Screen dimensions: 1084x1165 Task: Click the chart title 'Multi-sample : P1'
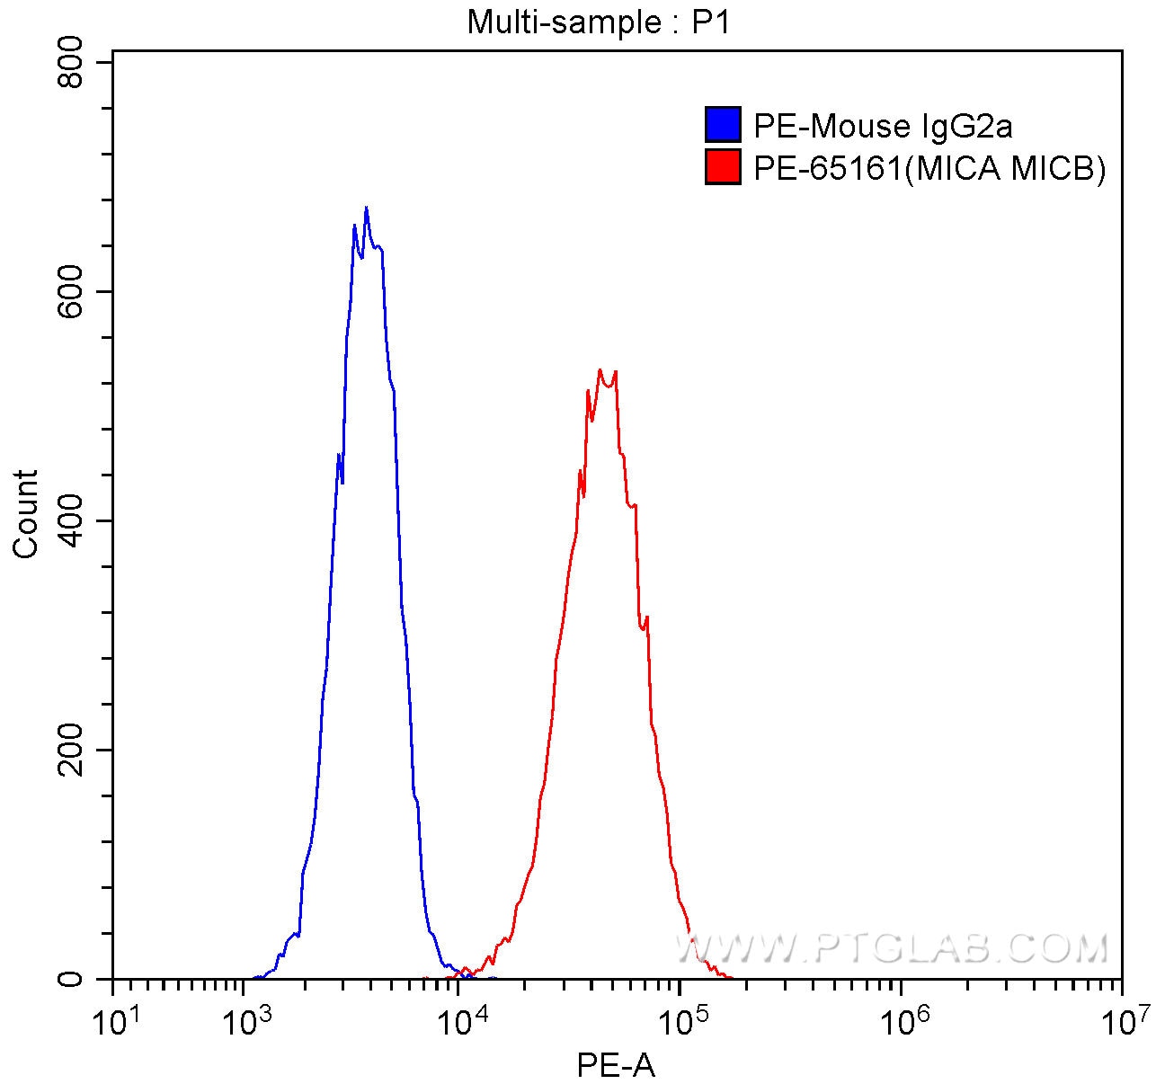[598, 22]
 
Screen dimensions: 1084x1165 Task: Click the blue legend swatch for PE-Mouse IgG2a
[723, 126]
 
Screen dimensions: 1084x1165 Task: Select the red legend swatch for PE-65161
[723, 167]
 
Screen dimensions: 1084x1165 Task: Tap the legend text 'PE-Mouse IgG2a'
[883, 127]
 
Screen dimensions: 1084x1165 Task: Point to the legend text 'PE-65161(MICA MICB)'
[929, 168]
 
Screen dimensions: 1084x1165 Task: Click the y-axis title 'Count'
[26, 513]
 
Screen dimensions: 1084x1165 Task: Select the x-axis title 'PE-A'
[616, 1066]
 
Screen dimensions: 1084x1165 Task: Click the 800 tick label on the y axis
[70, 63]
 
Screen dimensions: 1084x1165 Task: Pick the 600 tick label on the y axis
[70, 292]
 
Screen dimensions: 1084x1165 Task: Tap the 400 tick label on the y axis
[70, 521]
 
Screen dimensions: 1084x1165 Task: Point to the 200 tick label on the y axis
[70, 751]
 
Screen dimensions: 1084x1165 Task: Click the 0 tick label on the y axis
[70, 979]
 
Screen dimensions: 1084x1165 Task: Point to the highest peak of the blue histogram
[366, 208]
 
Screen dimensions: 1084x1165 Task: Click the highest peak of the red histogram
[600, 369]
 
